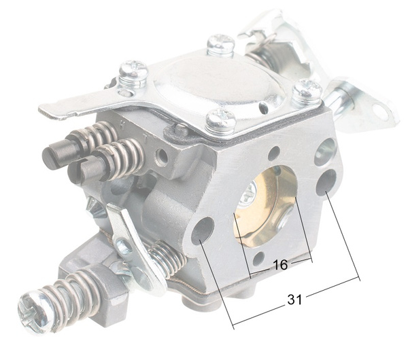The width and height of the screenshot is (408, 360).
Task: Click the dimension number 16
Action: click(279, 265)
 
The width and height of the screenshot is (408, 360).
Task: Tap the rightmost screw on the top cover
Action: click(308, 89)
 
